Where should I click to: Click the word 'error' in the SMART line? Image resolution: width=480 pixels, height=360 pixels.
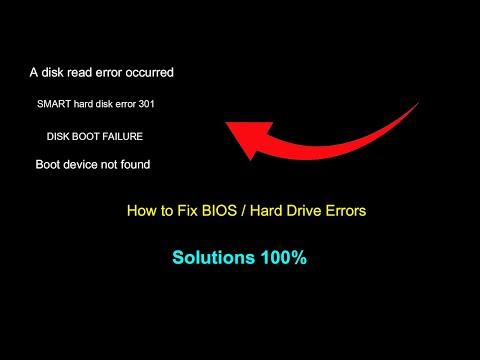(x=118, y=104)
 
